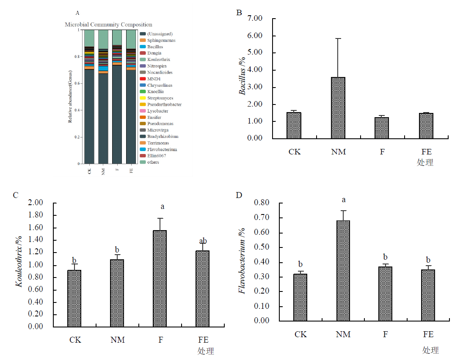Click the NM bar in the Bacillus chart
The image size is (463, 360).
(339, 108)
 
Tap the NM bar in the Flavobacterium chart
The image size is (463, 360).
(343, 270)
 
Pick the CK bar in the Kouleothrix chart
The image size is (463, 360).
(74, 298)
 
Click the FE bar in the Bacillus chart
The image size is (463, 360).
(426, 126)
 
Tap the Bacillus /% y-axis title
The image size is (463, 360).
(243, 78)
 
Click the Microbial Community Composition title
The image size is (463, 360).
(108, 25)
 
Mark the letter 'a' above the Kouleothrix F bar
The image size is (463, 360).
(163, 207)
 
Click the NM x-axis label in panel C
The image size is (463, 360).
(117, 340)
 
